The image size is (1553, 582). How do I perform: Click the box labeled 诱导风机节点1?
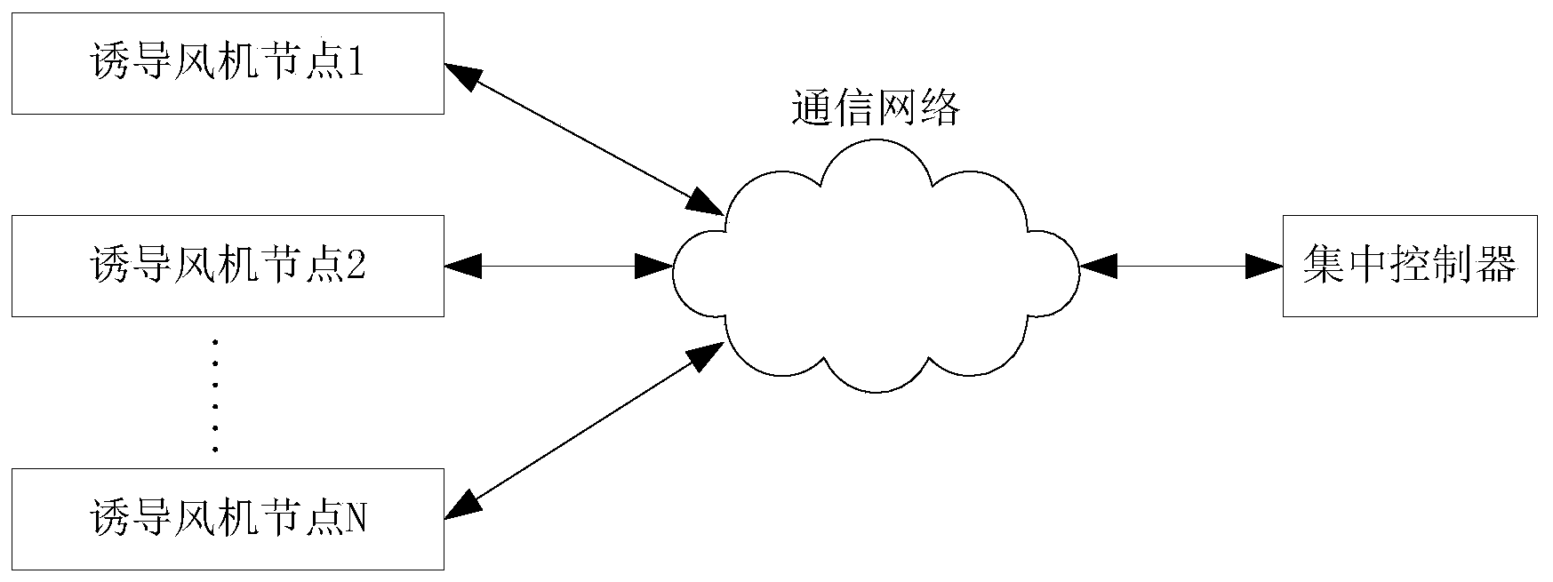(x=228, y=63)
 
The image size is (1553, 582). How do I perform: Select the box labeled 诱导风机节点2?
(x=228, y=266)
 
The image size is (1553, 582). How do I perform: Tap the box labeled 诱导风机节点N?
(x=228, y=519)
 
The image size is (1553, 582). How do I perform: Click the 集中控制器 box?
(x=1410, y=266)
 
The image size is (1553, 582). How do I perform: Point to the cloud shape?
(x=876, y=267)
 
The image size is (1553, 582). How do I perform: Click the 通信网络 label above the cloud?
(x=876, y=110)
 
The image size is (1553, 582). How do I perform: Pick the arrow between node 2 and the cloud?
(x=558, y=266)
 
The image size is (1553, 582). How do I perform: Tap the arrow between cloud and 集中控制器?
(x=1181, y=266)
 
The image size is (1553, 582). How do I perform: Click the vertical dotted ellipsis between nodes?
(x=215, y=395)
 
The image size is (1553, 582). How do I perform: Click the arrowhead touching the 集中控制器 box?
(x=1264, y=266)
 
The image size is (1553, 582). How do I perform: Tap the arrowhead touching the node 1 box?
(x=462, y=75)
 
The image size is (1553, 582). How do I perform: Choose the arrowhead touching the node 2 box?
(x=463, y=266)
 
